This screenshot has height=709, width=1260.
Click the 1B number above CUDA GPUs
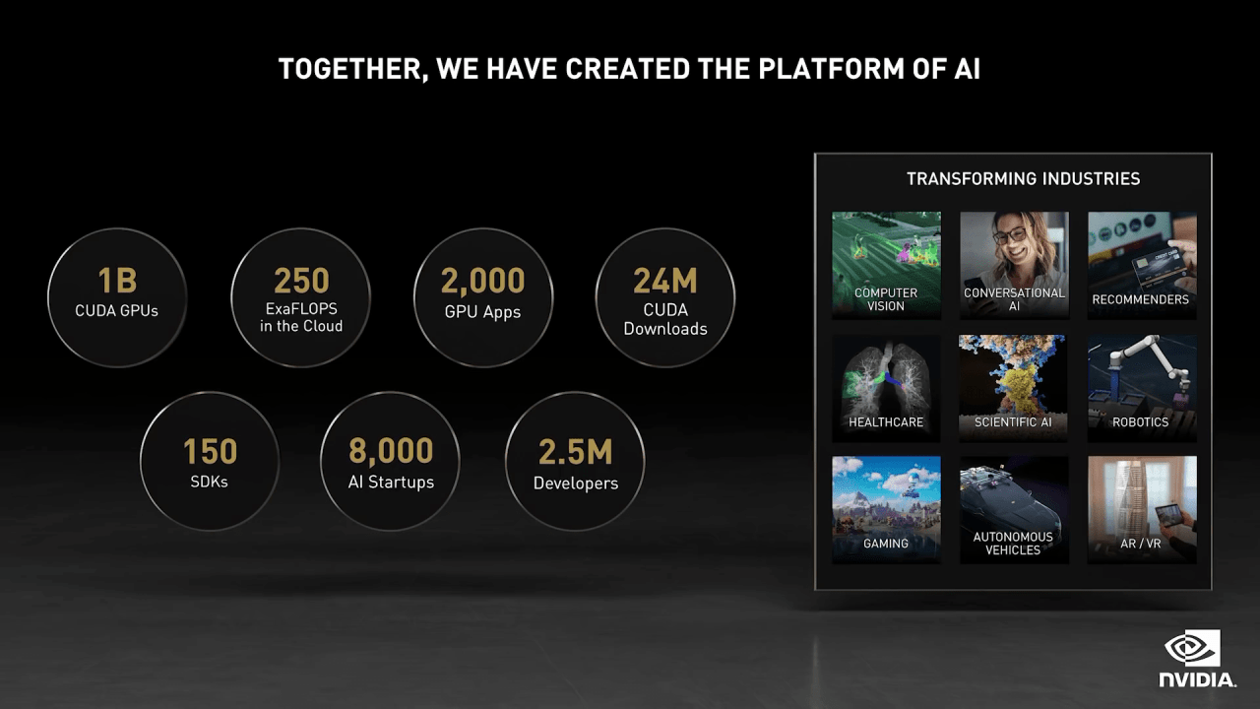click(117, 282)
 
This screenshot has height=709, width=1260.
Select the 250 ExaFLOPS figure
click(301, 281)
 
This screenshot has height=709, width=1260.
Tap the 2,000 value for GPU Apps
click(482, 282)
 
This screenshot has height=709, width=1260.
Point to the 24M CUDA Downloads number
click(665, 282)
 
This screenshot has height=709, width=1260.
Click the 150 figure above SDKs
click(210, 452)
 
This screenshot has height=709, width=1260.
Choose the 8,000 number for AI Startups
click(391, 451)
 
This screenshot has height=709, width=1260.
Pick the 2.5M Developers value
click(575, 452)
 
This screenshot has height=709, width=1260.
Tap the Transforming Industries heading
click(1023, 179)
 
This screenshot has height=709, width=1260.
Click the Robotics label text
click(1141, 422)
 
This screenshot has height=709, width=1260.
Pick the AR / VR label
click(1141, 544)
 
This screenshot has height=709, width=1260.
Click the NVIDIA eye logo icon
click(1192, 649)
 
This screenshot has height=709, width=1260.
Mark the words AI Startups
click(391, 483)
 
